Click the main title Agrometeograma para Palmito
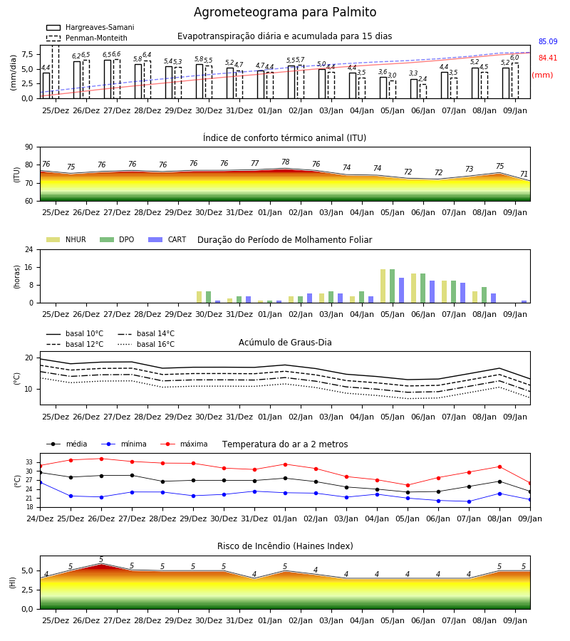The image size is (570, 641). coord(284,12)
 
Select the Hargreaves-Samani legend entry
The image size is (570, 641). coord(90,27)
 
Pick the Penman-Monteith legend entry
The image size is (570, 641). coord(87,38)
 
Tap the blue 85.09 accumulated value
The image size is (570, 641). coord(548,41)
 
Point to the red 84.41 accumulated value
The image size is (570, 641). coord(548,58)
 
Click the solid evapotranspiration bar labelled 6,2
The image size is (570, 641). coord(77,80)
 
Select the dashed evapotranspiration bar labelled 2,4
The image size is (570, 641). coord(423,91)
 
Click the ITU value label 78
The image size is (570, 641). coord(286,162)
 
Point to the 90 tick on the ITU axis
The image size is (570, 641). coord(29,147)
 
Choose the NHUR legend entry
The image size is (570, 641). coord(66,239)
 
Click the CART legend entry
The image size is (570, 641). coord(167,239)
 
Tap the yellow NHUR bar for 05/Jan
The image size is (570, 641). coord(383,286)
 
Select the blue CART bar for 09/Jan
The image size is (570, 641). coord(524,302)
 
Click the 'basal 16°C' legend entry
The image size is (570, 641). coord(146,344)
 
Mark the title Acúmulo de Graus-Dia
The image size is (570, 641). coord(285,342)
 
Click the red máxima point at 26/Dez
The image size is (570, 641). coord(101,459)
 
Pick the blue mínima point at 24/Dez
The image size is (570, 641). coord(40,482)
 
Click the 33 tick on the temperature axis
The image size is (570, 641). coord(29,462)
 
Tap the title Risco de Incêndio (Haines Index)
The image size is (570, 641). coord(285,546)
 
